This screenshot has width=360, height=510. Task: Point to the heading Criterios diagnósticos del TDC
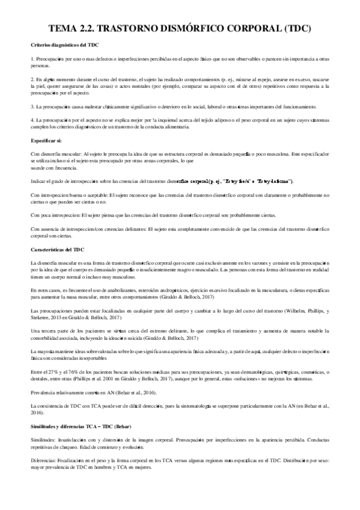click(x=65, y=46)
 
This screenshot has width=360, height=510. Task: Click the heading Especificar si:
click(x=45, y=140)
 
